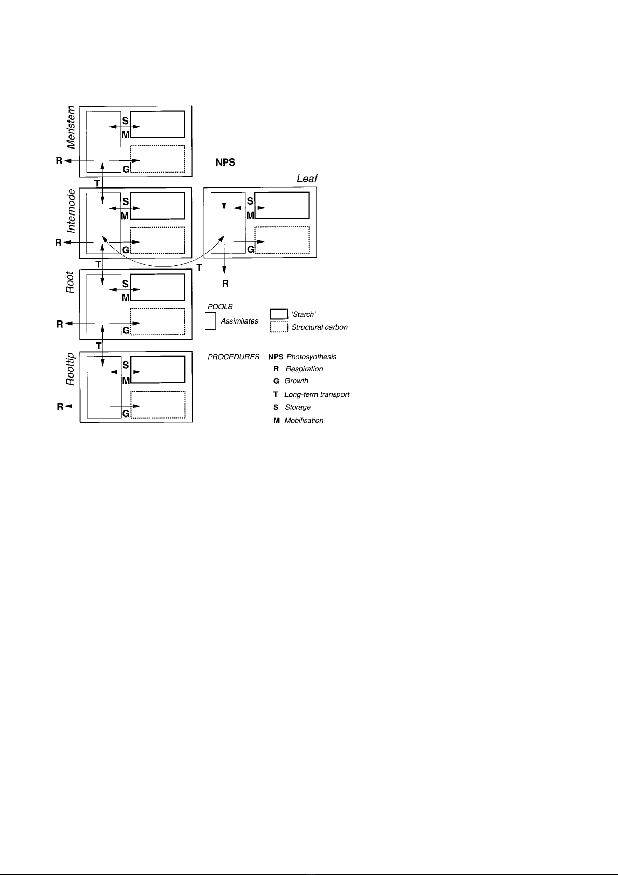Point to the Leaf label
click(x=307, y=178)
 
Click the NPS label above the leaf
click(x=225, y=163)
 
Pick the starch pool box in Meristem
click(x=157, y=124)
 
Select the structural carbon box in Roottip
click(x=158, y=404)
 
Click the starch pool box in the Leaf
click(x=282, y=205)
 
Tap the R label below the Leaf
click(x=225, y=284)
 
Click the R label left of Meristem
click(x=59, y=161)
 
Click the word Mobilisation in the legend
click(x=304, y=420)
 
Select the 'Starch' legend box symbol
click(x=279, y=314)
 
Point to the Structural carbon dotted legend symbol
click(x=279, y=327)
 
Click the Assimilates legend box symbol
click(x=210, y=320)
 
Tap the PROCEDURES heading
click(x=234, y=357)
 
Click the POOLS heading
click(x=220, y=307)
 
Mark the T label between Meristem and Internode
click(x=97, y=183)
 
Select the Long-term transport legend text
click(x=317, y=394)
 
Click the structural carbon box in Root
click(x=158, y=321)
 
